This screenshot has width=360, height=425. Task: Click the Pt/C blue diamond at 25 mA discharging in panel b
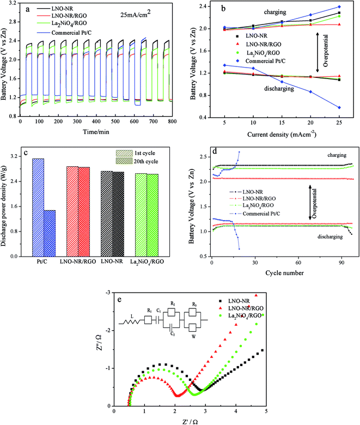tap(339, 107)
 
